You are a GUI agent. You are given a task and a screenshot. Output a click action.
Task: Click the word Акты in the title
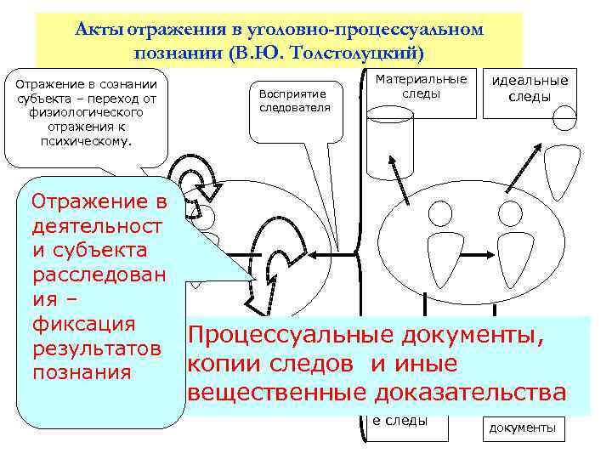pos(93,29)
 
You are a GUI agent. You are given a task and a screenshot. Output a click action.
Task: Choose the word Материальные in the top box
pos(422,79)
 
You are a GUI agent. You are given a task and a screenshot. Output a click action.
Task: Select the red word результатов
pos(95,348)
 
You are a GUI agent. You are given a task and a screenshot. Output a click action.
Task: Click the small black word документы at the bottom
pos(521,427)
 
